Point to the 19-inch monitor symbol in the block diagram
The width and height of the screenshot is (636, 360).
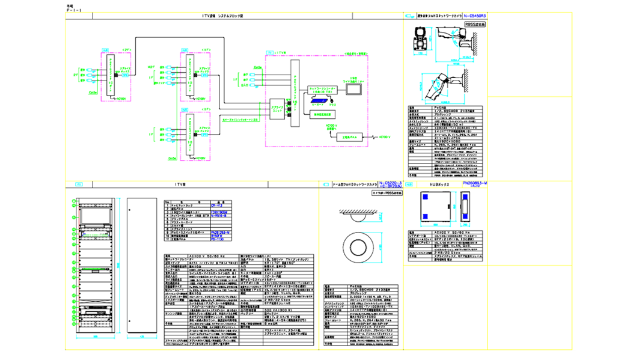click(352, 88)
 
